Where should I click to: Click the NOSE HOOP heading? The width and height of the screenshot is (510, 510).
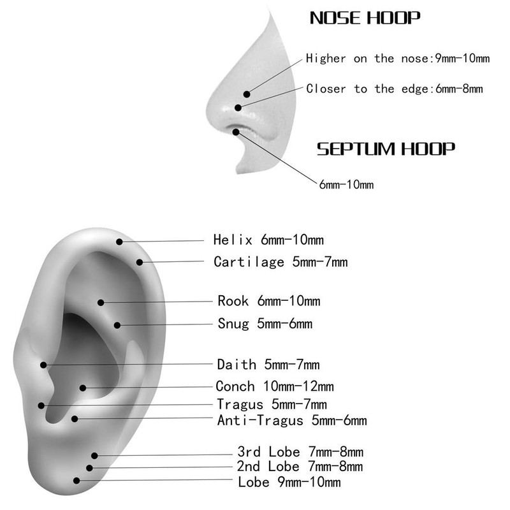tap(365, 18)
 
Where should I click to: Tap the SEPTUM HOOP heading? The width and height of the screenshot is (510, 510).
tap(386, 149)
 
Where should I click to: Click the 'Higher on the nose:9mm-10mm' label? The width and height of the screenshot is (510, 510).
tap(398, 59)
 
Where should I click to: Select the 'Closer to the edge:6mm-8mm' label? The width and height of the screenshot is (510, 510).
tap(394, 89)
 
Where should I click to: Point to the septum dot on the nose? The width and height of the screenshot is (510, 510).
tap(237, 132)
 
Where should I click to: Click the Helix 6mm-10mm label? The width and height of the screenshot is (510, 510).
tap(268, 240)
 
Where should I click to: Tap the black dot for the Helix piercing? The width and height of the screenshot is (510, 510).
tap(119, 241)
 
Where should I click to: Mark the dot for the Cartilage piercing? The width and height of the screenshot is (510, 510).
tap(139, 261)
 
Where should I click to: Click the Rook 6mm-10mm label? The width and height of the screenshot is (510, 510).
tap(268, 301)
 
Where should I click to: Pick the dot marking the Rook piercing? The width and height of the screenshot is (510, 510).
tap(100, 302)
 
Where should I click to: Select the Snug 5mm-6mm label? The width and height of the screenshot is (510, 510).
tap(265, 323)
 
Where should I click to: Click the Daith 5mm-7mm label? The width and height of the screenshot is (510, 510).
tap(268, 365)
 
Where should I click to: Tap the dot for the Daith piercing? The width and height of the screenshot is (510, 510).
tap(43, 365)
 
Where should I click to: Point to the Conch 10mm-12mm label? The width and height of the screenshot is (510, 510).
tap(275, 386)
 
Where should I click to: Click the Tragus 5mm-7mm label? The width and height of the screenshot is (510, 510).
tap(272, 404)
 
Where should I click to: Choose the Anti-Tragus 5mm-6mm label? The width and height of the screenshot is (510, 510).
tap(291, 420)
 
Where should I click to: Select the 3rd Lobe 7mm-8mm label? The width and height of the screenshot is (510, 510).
tap(300, 453)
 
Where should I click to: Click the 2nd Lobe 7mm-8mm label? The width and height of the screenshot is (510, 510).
tap(300, 467)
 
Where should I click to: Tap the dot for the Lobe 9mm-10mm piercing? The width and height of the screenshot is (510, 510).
tap(76, 481)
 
